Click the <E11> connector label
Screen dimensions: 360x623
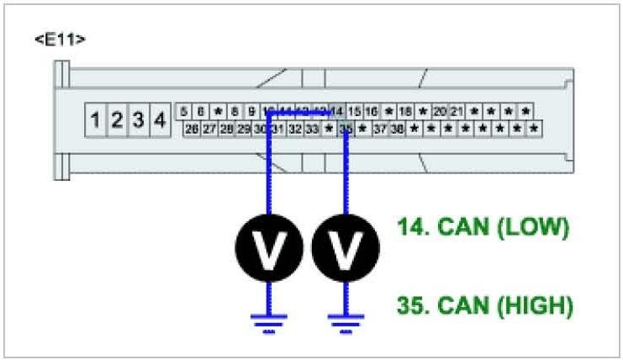pos(61,40)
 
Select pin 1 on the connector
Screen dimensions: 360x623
pos(96,120)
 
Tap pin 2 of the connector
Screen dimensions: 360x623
pos(117,120)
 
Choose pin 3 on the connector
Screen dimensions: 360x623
pos(138,120)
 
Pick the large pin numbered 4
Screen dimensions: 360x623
pos(159,120)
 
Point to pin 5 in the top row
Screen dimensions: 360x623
pos(184,111)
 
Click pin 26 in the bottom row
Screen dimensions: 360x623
pos(192,129)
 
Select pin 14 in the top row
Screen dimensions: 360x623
pos(337,111)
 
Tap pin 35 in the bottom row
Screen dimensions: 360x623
pos(345,129)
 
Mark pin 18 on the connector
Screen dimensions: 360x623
pos(405,111)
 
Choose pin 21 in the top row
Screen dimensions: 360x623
pos(457,111)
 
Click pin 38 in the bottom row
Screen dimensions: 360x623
pos(397,129)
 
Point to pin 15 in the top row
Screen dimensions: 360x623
pos(355,111)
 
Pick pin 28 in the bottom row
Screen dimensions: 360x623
pos(226,129)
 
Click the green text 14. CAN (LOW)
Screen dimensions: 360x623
pos(483,227)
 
